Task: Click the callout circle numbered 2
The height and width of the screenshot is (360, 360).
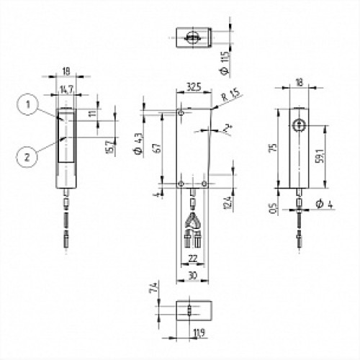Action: click(x=26, y=153)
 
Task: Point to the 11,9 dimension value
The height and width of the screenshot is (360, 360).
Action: click(x=198, y=333)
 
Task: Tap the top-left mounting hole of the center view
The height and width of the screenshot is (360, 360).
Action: click(x=181, y=113)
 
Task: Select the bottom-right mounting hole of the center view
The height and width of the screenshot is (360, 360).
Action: click(x=205, y=184)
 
